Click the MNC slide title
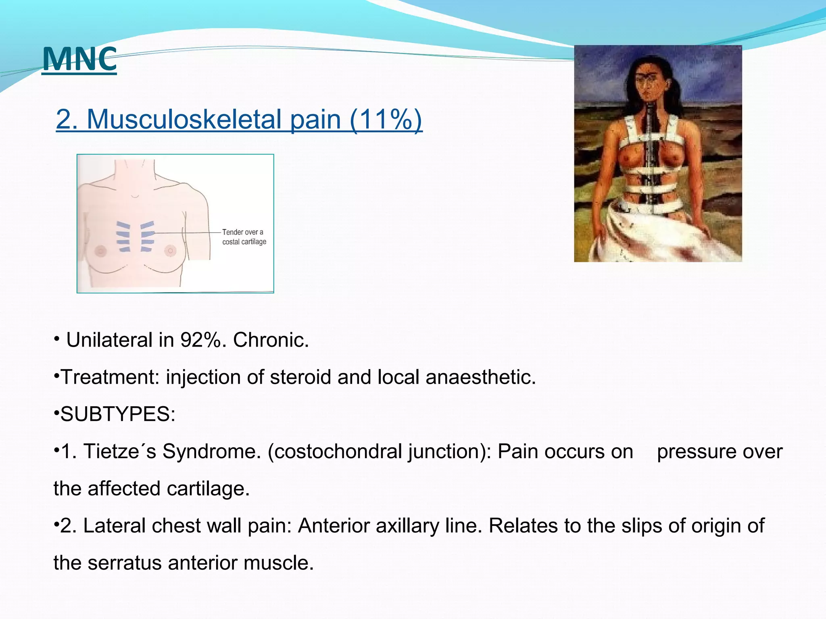[x=79, y=59]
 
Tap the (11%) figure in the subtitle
[x=386, y=119]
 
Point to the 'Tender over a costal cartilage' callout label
[x=244, y=237]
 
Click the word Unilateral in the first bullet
[x=109, y=340]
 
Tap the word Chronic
[x=271, y=340]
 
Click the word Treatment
[x=107, y=377]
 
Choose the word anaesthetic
[x=480, y=377]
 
